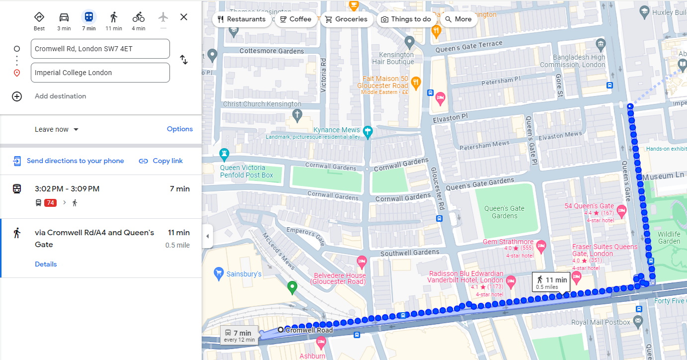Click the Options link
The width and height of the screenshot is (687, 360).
tap(179, 129)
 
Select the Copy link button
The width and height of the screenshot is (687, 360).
tap(161, 161)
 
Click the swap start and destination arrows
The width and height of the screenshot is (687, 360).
tap(183, 60)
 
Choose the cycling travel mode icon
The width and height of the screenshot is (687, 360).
tap(138, 17)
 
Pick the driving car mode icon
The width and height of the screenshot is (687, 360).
tap(64, 17)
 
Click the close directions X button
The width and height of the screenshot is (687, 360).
tap(183, 17)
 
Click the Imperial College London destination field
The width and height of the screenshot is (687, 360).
tap(100, 73)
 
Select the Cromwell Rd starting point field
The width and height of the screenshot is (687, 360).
tap(100, 49)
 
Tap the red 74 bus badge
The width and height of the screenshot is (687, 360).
tap(50, 203)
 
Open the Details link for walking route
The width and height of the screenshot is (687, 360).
tap(46, 264)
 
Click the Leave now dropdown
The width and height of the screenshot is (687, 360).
tap(57, 129)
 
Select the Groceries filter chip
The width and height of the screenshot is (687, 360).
tap(346, 19)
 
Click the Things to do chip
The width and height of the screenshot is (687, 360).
tap(406, 19)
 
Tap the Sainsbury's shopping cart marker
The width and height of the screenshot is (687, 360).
tap(218, 273)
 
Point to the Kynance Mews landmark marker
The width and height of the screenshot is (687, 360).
tap(367, 131)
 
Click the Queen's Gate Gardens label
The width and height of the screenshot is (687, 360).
tap(504, 212)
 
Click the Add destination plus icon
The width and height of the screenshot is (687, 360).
tap(17, 96)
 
